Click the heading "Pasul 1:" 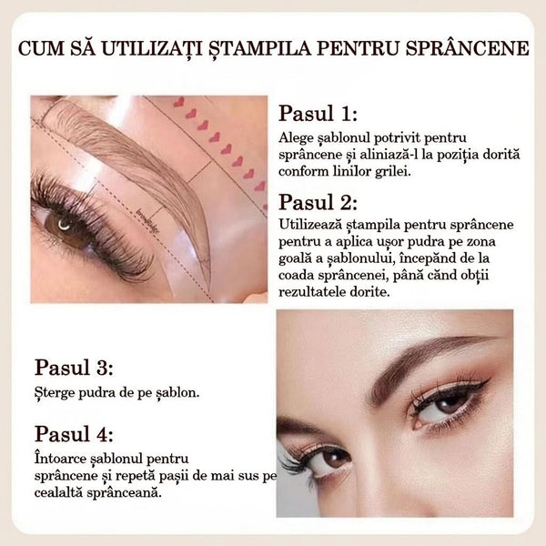pos(318,114)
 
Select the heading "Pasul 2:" pos(318,202)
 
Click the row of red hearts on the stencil pos(218,136)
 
